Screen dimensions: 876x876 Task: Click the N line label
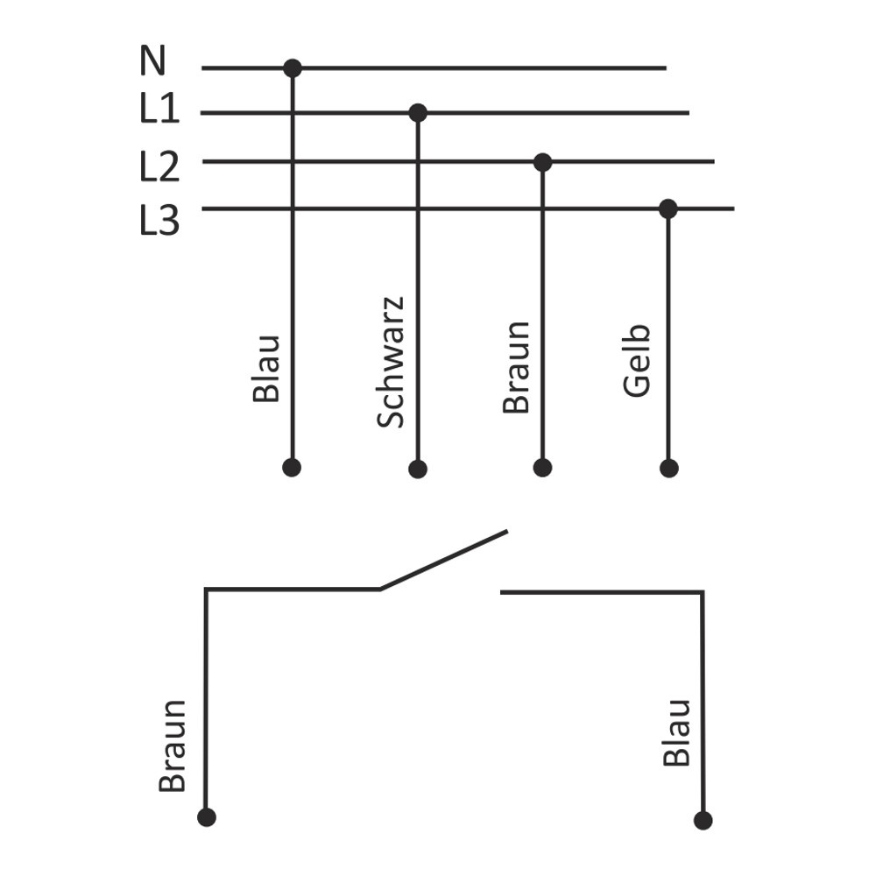point(152,61)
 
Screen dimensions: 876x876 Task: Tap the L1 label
point(159,109)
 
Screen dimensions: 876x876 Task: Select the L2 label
point(159,166)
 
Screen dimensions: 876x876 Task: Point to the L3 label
point(159,220)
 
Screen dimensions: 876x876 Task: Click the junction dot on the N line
point(293,68)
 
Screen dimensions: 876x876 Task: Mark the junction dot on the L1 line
point(418,113)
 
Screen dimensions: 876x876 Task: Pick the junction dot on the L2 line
point(543,162)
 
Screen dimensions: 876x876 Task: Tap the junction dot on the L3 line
point(668,208)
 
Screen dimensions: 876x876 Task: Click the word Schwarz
point(391,362)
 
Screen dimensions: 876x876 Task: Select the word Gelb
point(638,360)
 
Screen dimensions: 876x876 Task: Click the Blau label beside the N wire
point(266,368)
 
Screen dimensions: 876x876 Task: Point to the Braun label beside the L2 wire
point(517,366)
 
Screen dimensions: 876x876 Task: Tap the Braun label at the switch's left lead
point(173,745)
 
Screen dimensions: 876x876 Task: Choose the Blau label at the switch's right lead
point(677,732)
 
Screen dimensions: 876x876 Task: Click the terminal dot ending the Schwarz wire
point(418,469)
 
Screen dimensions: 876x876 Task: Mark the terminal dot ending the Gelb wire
point(669,468)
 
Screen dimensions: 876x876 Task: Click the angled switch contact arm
point(443,560)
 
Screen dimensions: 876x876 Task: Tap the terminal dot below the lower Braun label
point(207,817)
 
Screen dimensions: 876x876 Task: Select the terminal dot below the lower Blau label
point(703,820)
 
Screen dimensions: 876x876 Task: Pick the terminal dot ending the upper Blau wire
point(293,468)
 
